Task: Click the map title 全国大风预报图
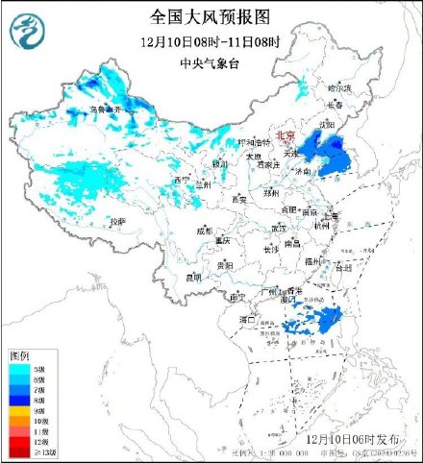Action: [211, 16]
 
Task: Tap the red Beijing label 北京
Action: [286, 136]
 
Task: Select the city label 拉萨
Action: [117, 222]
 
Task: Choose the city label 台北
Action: [339, 269]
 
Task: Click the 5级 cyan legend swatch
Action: [19, 367]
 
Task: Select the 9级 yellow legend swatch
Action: [19, 410]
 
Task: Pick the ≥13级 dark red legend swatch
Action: [19, 452]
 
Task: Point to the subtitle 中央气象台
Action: [211, 63]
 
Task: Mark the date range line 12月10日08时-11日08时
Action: [211, 42]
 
